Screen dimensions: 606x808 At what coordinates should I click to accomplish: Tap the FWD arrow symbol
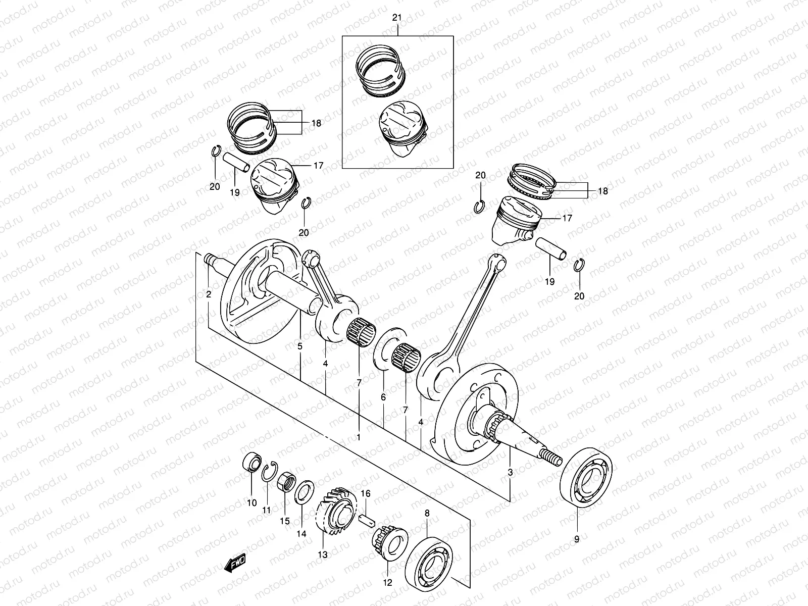pos(236,563)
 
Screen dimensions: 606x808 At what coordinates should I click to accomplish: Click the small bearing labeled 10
pos(251,462)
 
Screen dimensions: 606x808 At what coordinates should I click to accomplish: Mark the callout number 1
pos(359,438)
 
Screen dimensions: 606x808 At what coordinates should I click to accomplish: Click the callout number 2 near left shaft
pos(209,294)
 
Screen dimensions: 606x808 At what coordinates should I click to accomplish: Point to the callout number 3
pos(511,473)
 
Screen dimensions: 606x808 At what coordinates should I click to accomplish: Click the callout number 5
pos(299,346)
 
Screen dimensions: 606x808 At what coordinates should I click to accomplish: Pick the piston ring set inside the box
pos(382,69)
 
